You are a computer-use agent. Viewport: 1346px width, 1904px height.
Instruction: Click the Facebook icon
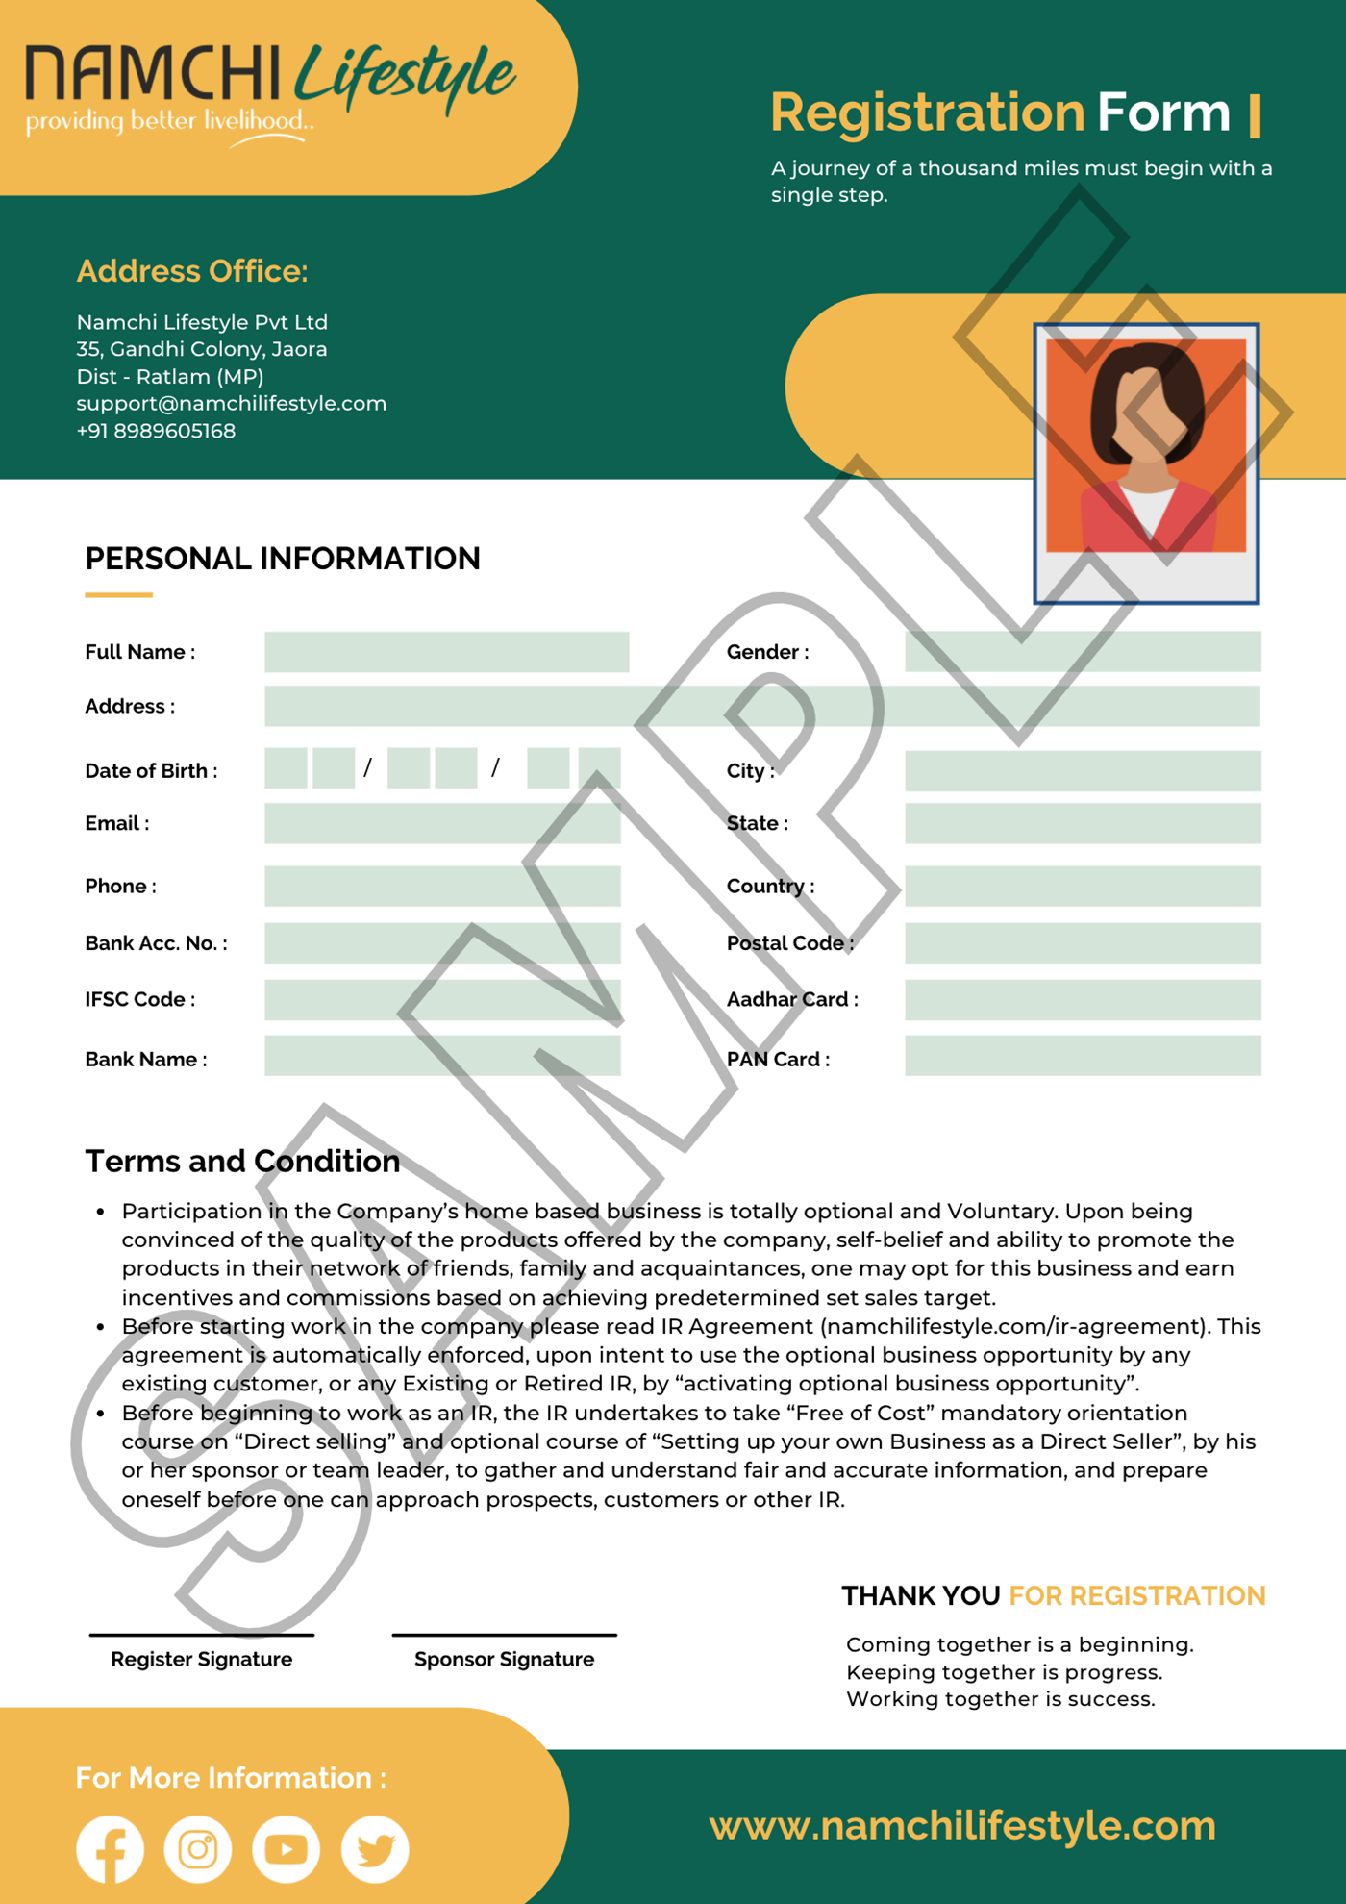pyautogui.click(x=110, y=1848)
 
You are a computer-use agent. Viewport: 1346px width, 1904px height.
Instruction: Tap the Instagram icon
pyautogui.click(x=198, y=1848)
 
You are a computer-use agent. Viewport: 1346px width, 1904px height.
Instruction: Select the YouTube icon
pyautogui.click(x=287, y=1848)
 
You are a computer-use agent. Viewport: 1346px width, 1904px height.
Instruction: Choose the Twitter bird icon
pyautogui.click(x=375, y=1848)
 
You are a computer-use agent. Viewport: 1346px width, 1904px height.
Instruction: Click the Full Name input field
pyautogui.click(x=446, y=652)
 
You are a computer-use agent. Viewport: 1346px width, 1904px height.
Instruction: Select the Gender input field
pyautogui.click(x=1083, y=652)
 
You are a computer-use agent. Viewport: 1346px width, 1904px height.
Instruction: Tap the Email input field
pyautogui.click(x=442, y=824)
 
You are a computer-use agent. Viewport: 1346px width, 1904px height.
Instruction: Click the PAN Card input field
pyautogui.click(x=1083, y=1056)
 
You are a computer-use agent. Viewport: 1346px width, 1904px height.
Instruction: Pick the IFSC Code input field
pyautogui.click(x=442, y=1000)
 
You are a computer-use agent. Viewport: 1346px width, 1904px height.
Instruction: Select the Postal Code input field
pyautogui.click(x=1083, y=943)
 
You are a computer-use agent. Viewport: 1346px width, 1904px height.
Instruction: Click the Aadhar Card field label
pyautogui.click(x=792, y=1000)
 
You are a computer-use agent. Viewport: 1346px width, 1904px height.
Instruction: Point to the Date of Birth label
pyautogui.click(x=151, y=771)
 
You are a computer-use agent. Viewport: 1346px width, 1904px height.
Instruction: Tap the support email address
pyautogui.click(x=231, y=404)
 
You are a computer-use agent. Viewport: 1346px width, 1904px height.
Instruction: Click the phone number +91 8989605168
pyautogui.click(x=156, y=431)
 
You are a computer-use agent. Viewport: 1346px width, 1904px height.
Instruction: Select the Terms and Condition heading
pyautogui.click(x=242, y=1162)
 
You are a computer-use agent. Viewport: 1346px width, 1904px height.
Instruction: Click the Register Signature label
pyautogui.click(x=201, y=1659)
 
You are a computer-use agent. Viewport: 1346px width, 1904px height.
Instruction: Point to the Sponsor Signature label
pyautogui.click(x=504, y=1659)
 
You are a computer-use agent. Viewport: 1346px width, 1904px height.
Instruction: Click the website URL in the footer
pyautogui.click(x=962, y=1825)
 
